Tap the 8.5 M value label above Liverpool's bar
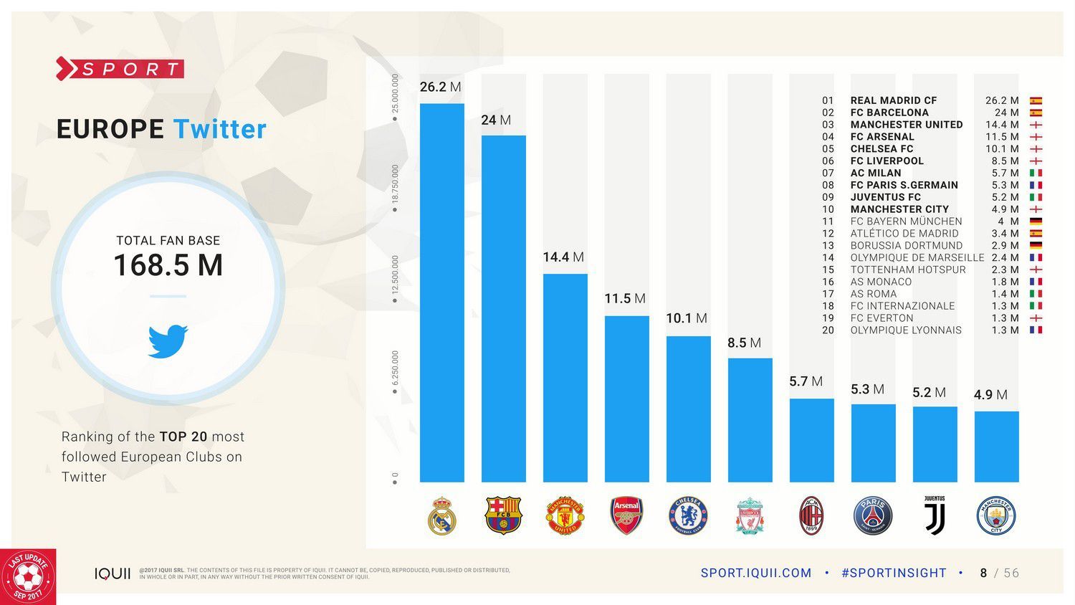[744, 343]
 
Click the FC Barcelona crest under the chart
[503, 515]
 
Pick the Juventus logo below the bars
[935, 515]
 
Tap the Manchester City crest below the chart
[996, 516]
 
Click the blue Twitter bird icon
[168, 340]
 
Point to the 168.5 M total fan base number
[168, 265]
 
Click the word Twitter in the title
[219, 129]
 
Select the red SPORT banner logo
[120, 69]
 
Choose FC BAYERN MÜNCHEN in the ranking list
[906, 221]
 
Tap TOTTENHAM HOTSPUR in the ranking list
[908, 270]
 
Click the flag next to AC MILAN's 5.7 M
[1036, 173]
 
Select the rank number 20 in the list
[828, 330]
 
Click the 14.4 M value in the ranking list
[1001, 125]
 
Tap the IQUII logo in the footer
[113, 573]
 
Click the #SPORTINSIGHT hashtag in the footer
[894, 573]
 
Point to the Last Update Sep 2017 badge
[29, 577]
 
